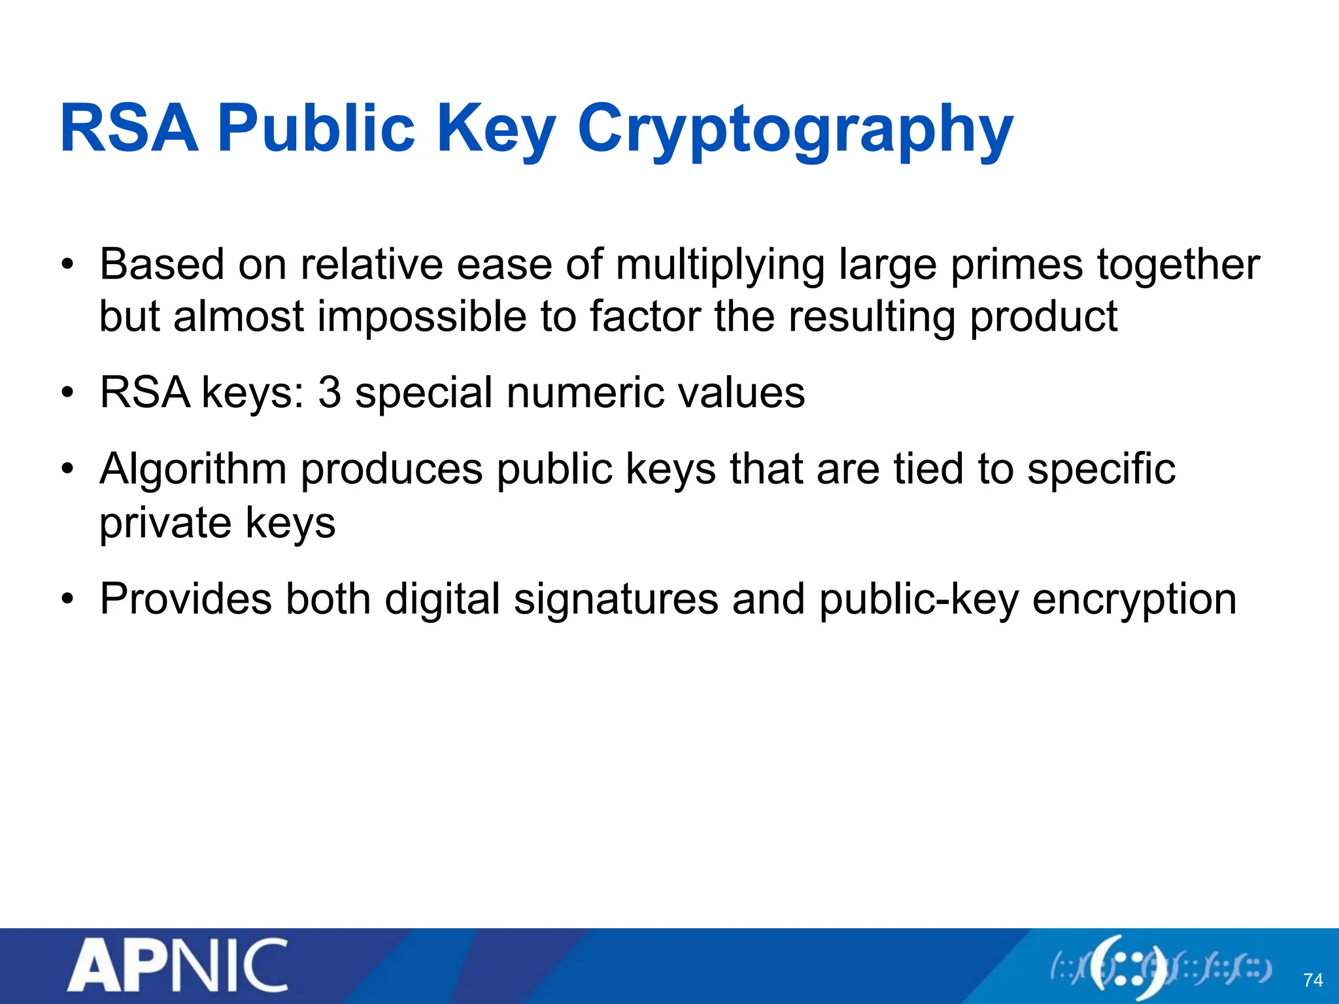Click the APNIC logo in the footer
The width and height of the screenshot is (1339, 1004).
click(177, 966)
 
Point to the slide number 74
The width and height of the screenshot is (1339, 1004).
click(1313, 980)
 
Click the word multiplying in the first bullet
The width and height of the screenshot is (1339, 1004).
click(720, 265)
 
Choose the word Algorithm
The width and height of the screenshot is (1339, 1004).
click(193, 471)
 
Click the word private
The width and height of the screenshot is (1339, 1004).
click(165, 523)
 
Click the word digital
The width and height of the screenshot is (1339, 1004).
click(442, 599)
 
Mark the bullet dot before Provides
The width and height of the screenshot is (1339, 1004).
click(67, 599)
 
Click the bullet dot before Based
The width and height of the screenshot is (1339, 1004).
click(67, 265)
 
